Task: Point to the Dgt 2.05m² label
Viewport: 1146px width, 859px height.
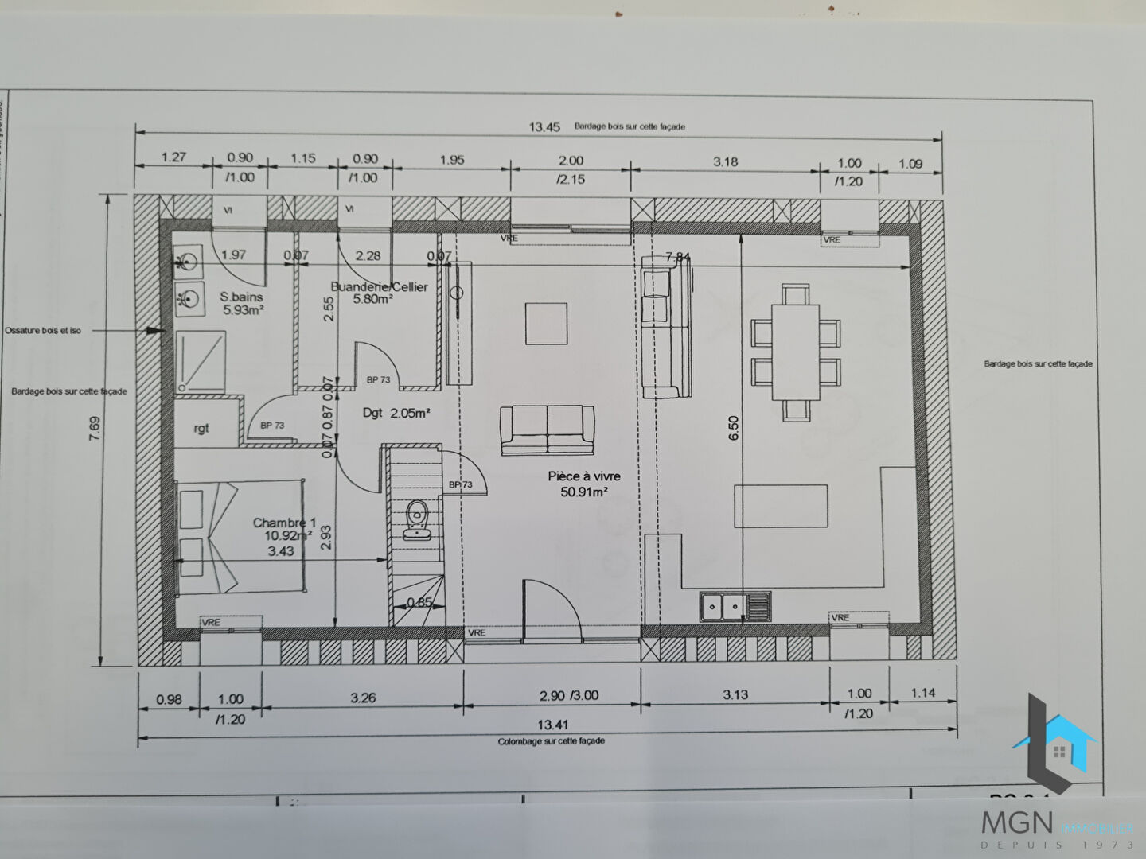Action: click(x=396, y=413)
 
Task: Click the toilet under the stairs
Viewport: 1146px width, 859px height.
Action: click(x=415, y=522)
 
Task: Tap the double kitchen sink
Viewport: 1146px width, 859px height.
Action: click(x=735, y=607)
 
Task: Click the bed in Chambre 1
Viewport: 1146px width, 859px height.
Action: click(x=240, y=534)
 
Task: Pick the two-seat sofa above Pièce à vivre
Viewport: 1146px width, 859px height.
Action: click(x=548, y=429)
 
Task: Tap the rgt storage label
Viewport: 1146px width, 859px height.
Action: click(x=201, y=428)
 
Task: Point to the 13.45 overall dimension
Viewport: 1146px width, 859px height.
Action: click(x=545, y=126)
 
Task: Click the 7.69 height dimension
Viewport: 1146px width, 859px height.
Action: click(x=95, y=428)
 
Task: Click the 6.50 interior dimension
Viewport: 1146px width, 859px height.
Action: click(x=734, y=428)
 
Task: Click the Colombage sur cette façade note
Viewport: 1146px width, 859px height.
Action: click(x=552, y=740)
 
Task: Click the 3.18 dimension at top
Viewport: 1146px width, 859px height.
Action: click(x=725, y=161)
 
